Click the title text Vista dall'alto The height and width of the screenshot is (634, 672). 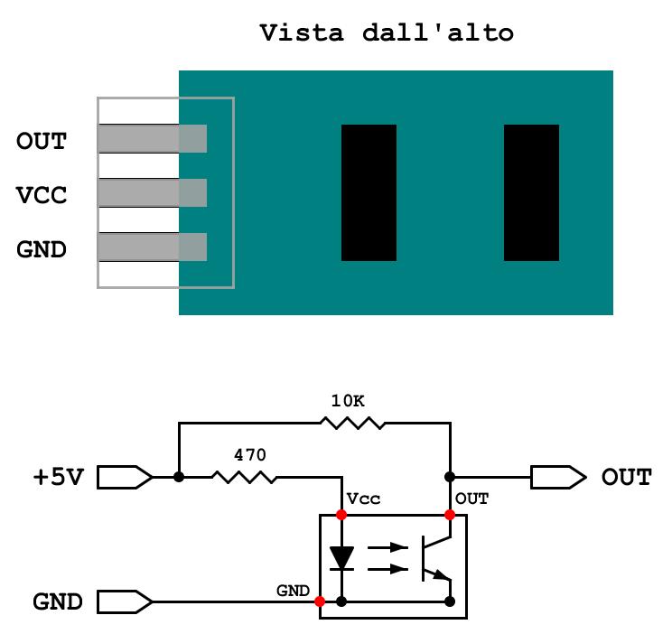click(x=387, y=33)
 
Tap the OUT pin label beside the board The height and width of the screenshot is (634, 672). click(x=42, y=141)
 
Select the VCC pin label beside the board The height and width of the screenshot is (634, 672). click(x=42, y=195)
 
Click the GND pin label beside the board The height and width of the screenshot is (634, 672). click(x=42, y=249)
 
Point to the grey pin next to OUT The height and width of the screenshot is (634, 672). click(x=152, y=138)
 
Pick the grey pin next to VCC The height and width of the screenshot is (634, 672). click(x=152, y=193)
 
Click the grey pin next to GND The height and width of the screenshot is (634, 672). click(x=152, y=247)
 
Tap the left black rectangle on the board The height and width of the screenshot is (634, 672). click(x=369, y=192)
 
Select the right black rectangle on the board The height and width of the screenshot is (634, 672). click(x=531, y=192)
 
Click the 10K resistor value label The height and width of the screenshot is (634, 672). click(x=348, y=401)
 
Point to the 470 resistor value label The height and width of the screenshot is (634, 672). click(x=250, y=454)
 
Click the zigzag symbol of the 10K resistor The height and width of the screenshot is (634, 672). click(x=353, y=424)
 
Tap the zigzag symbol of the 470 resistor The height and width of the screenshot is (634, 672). click(x=244, y=477)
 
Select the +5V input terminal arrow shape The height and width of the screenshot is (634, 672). click(x=125, y=477)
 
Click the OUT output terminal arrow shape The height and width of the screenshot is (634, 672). click(x=558, y=477)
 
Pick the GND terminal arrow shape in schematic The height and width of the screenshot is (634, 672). click(x=125, y=601)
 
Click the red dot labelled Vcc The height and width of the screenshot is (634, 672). click(x=341, y=515)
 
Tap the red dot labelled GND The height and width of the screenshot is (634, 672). click(x=320, y=601)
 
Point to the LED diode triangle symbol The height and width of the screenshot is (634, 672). click(x=341, y=558)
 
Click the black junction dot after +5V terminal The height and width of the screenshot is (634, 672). click(x=179, y=477)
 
